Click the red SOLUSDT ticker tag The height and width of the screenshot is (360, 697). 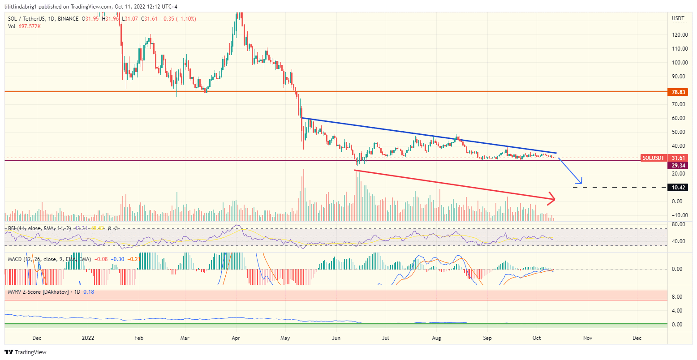pos(653,158)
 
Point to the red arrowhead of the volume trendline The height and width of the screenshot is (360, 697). pos(552,199)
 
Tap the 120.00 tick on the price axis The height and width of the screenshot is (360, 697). pos(680,35)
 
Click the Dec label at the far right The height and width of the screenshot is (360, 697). pos(637,338)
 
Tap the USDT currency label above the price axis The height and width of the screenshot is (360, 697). pos(678,18)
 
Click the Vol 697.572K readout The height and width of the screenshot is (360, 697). pos(25,26)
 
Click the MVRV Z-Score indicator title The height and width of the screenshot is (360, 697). pos(38,292)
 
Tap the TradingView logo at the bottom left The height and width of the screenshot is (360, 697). pos(26,352)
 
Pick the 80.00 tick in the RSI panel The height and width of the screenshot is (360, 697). pos(678,224)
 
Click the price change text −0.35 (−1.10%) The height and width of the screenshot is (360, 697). pos(178,19)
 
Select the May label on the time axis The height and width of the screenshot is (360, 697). pos(286,338)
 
